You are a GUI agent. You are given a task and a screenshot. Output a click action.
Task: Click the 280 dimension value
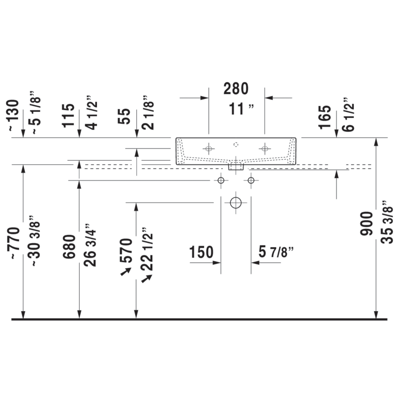pos(236,89)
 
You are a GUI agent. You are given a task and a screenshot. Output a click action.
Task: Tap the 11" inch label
pos(241,109)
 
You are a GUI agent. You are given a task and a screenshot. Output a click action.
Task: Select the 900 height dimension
pos(367,224)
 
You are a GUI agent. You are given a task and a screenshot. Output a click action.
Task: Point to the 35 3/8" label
pos(387,222)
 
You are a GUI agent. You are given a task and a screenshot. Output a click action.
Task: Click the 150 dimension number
pos(202,252)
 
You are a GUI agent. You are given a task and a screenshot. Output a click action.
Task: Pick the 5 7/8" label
pos(276,252)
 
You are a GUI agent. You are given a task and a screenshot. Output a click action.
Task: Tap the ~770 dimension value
pos(14,243)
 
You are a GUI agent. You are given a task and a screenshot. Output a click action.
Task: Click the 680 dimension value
pos(69,247)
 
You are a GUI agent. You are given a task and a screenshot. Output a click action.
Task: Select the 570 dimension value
pos(126,251)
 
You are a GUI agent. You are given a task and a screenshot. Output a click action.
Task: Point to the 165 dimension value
pos(325,117)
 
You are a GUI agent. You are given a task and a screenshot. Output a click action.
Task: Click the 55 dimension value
pos(124,116)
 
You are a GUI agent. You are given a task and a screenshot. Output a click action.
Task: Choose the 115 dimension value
pos(68,116)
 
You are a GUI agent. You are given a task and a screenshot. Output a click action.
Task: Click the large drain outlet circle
pos(236,202)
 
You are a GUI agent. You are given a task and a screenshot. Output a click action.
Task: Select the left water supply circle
pos(221,180)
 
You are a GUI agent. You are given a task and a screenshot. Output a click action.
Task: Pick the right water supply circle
pos(251,180)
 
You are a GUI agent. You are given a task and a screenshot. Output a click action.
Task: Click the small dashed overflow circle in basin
pos(236,145)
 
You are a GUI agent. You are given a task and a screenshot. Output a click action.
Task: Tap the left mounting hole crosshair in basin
pos(209,149)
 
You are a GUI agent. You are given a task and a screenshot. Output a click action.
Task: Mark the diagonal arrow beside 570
pos(126,271)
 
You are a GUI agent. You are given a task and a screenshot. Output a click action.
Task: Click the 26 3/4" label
pos(90,245)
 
